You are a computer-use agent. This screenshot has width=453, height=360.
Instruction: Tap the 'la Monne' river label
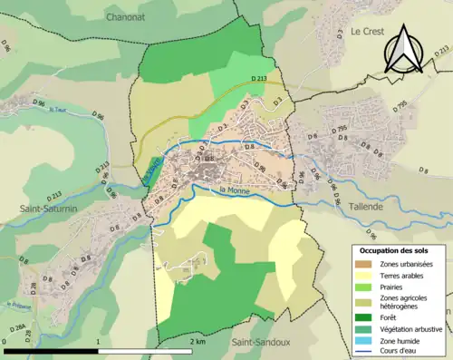[x=234, y=190]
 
